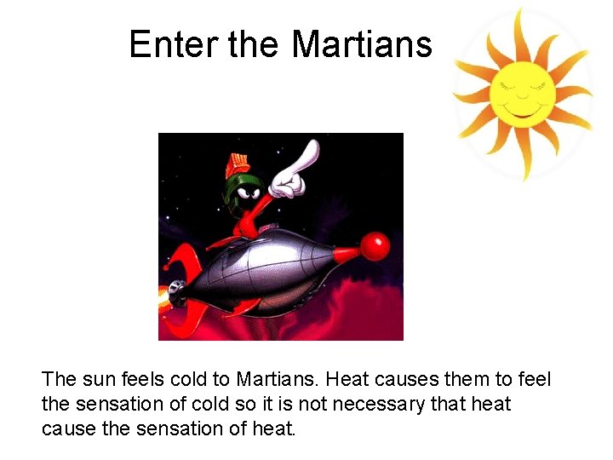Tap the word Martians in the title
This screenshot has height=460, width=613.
pyautogui.click(x=362, y=44)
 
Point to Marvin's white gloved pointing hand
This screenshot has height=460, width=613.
pyautogui.click(x=294, y=170)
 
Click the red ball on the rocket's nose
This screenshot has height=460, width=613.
pyautogui.click(x=374, y=246)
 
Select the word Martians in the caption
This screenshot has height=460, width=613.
pyautogui.click(x=278, y=378)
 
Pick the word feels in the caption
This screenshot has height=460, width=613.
pyautogui.click(x=146, y=378)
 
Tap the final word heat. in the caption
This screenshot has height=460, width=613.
pyautogui.click(x=272, y=428)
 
